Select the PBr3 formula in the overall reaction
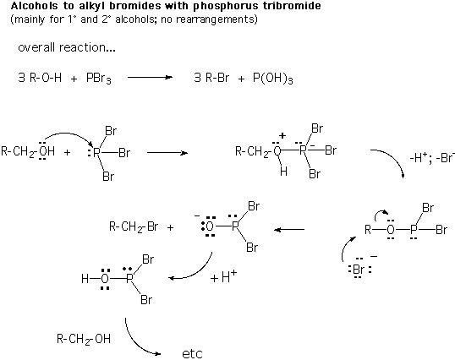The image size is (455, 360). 99,79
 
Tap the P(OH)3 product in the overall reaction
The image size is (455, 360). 273,79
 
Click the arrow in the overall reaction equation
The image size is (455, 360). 150,77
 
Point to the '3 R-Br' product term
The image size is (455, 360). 211,78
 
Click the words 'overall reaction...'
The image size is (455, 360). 67,47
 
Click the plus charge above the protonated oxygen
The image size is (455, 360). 282,135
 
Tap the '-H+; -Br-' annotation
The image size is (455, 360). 432,158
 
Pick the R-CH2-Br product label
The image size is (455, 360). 134,227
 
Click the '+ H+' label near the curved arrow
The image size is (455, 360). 223,277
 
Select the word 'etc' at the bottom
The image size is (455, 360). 192,353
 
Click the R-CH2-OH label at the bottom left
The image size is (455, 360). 84,339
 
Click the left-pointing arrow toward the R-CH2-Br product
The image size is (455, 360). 289,230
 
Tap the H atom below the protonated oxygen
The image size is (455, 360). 283,172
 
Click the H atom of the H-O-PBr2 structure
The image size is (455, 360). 85,279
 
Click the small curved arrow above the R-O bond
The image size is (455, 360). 381,214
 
